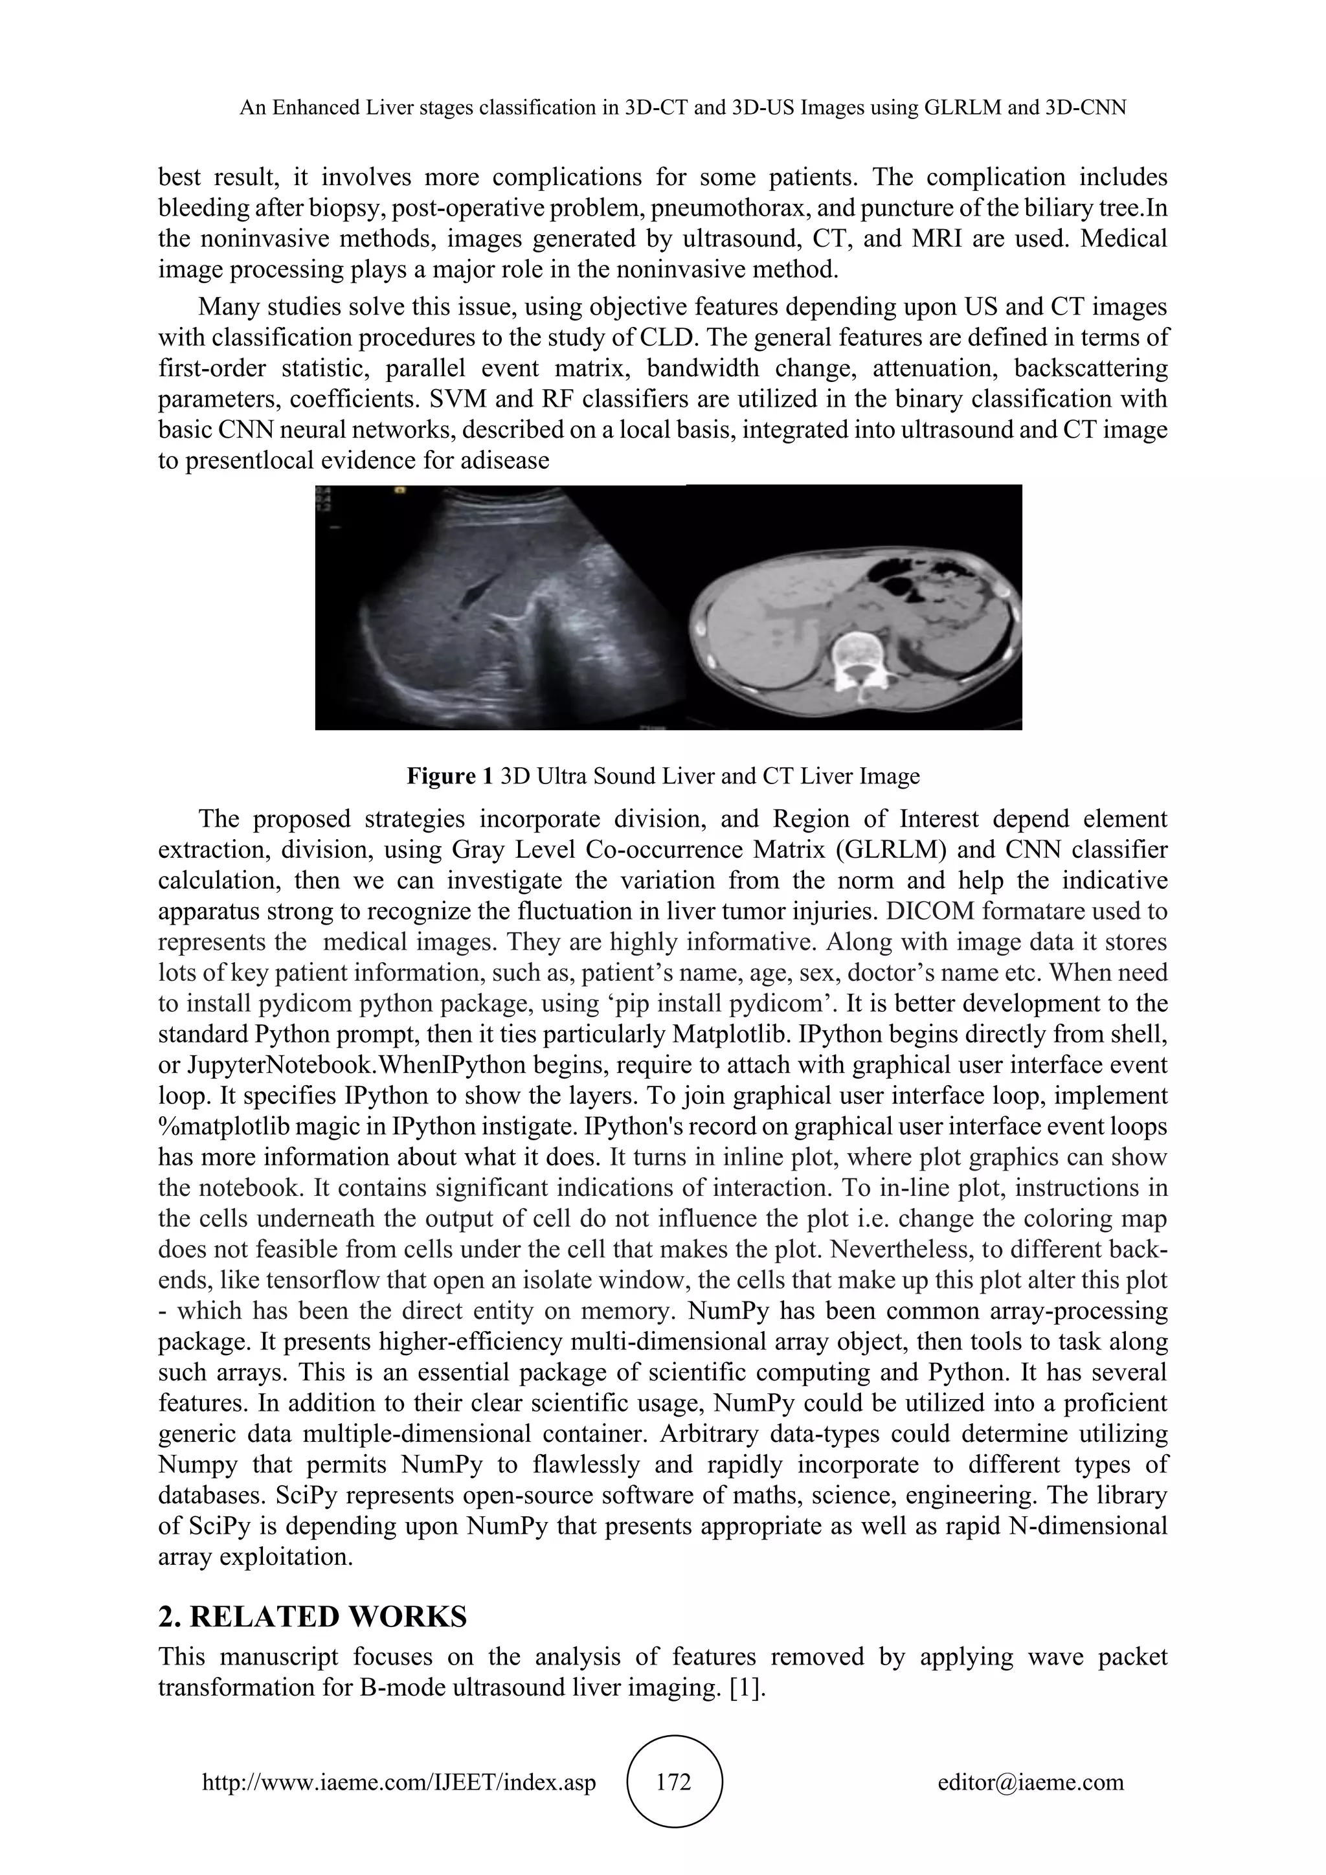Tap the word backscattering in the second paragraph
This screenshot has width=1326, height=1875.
(1090, 368)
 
